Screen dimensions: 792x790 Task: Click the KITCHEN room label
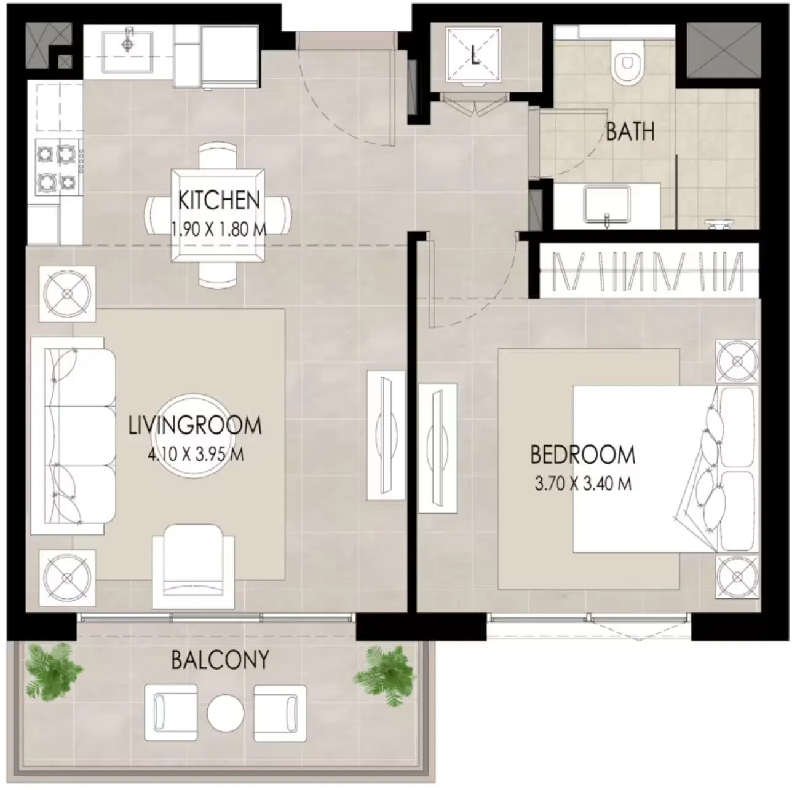[x=219, y=200]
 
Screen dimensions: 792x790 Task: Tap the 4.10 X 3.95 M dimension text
[x=195, y=455]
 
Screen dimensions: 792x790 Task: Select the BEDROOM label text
[x=583, y=455]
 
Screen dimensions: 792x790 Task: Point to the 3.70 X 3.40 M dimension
[x=583, y=483]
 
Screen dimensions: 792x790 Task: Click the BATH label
[x=630, y=132]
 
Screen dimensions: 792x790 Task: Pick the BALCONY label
[x=220, y=659]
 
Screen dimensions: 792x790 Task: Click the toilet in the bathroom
[x=626, y=64]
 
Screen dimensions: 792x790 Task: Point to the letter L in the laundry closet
[x=475, y=55]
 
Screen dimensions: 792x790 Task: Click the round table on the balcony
[x=226, y=713]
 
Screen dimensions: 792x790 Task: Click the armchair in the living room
[x=193, y=566]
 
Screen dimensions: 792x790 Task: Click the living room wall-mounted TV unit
[x=386, y=436]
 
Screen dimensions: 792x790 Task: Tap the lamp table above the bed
[x=737, y=361]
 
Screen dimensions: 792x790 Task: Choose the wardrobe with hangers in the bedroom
[x=649, y=270]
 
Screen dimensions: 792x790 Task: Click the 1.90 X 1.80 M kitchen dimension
[x=219, y=229]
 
